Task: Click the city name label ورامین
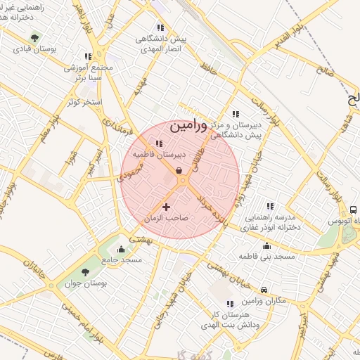tap(188, 127)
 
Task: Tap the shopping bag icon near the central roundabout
tap(179, 170)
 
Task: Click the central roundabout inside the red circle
tap(182, 181)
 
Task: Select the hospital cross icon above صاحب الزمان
tap(167, 207)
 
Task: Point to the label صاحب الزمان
tap(167, 219)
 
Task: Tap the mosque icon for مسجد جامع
tap(122, 249)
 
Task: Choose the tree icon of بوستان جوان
tap(86, 272)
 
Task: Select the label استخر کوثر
tap(84, 103)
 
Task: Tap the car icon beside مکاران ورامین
tap(264, 290)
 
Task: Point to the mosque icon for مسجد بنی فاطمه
tap(267, 245)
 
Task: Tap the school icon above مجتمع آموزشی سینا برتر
tap(88, 56)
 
